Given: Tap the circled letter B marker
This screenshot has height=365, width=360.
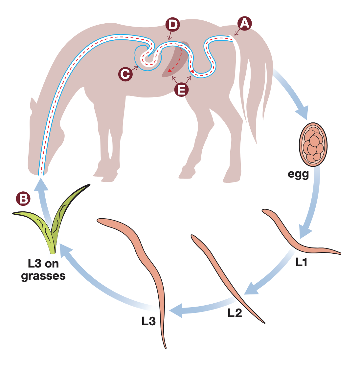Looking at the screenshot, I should click(x=23, y=198).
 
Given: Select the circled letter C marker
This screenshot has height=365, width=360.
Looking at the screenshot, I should click(x=125, y=74).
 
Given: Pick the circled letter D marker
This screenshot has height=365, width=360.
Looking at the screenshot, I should click(x=172, y=25).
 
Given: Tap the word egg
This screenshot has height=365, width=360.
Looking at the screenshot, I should click(x=298, y=174).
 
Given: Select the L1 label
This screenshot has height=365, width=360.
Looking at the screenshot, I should click(x=301, y=262).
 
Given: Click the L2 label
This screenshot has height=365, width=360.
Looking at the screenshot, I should click(x=235, y=313).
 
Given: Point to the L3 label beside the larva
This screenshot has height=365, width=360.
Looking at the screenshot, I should click(x=148, y=321).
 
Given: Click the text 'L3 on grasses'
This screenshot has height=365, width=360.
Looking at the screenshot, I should click(x=43, y=269).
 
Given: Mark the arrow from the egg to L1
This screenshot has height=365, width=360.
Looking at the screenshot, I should click(x=312, y=204).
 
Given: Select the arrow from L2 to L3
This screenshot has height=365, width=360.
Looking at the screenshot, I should click(x=200, y=305).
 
